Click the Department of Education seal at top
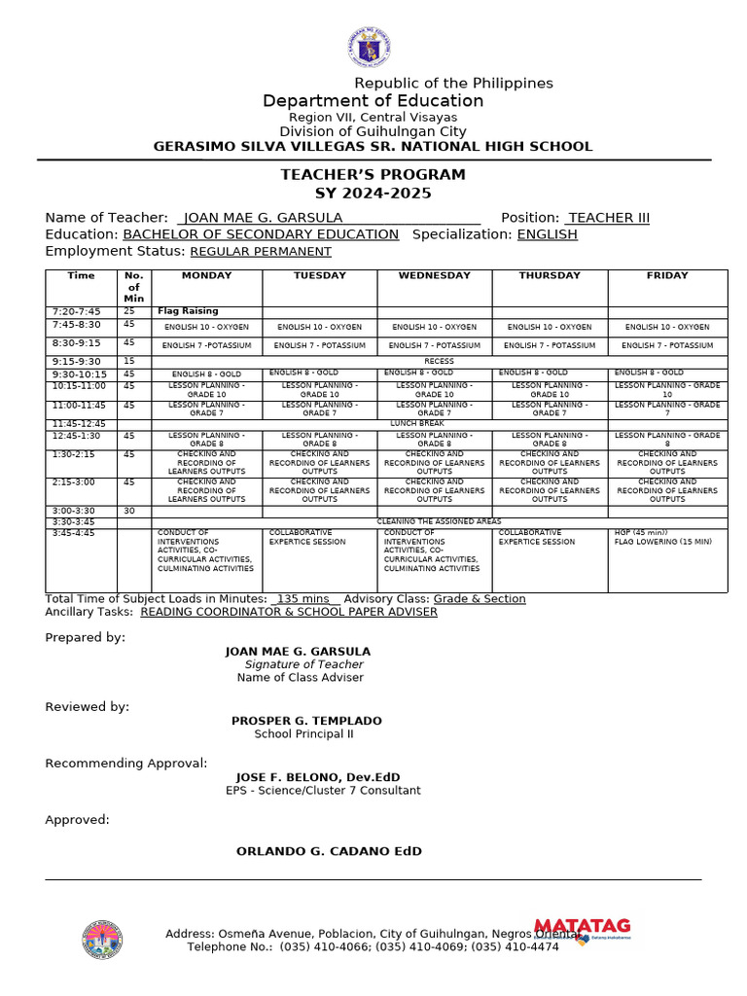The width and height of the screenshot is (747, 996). (x=369, y=48)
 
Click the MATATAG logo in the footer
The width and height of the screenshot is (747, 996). (x=582, y=929)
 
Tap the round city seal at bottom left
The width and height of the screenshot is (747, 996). (x=102, y=940)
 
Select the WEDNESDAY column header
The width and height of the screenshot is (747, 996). (x=434, y=276)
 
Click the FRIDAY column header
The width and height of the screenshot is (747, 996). (x=666, y=276)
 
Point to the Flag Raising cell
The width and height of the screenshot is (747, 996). (x=188, y=311)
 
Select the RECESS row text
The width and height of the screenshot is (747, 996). (x=439, y=361)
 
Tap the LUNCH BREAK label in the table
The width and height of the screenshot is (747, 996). (x=416, y=424)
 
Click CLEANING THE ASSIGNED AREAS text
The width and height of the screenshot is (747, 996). (x=439, y=521)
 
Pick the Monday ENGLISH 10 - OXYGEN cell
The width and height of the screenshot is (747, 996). (x=206, y=328)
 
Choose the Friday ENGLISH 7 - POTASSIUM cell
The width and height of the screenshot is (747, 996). (x=666, y=345)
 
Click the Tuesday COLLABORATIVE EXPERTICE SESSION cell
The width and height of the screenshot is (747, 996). (x=307, y=538)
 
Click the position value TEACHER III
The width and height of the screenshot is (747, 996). (x=609, y=218)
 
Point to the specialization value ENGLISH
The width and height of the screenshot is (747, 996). (x=547, y=234)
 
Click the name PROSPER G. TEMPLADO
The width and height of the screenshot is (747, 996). (x=306, y=721)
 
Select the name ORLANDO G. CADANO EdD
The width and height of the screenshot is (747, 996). (x=329, y=851)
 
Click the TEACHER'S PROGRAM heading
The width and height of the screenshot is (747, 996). (x=373, y=175)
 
